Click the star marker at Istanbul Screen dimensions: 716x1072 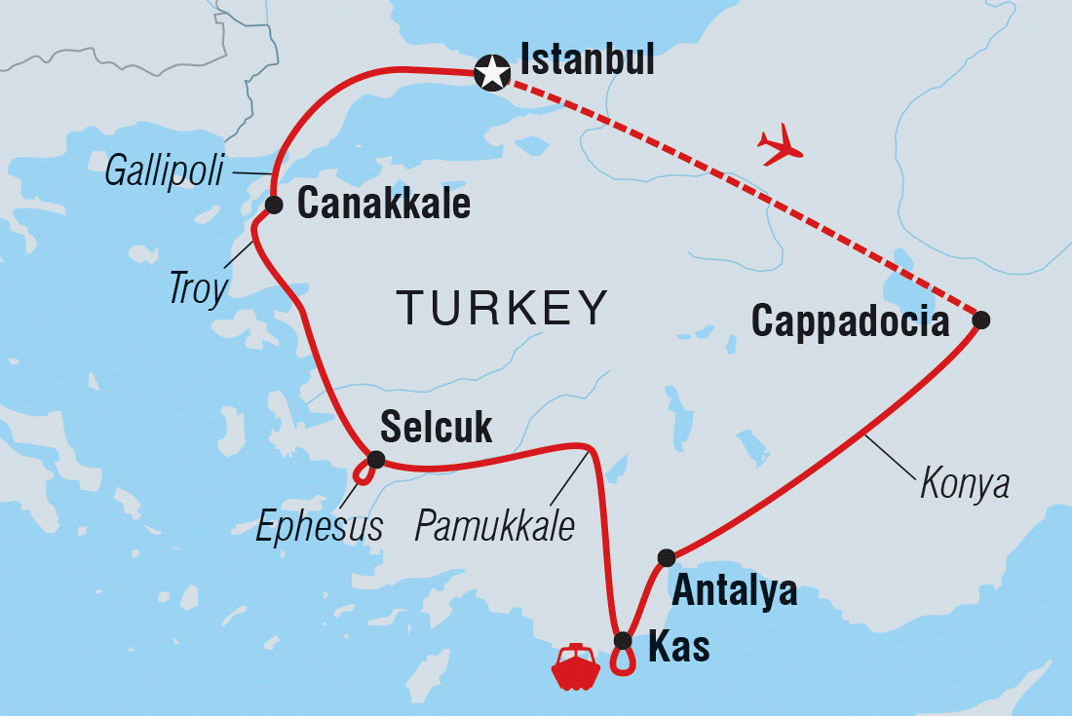tap(492, 73)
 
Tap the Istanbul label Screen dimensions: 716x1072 tap(588, 60)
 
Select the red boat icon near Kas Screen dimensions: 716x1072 tap(575, 666)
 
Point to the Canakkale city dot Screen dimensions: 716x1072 tap(274, 205)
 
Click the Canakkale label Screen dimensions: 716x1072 tap(383, 205)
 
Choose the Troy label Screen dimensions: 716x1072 tap(199, 288)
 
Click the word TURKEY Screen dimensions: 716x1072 tap(502, 309)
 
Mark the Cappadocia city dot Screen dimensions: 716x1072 tap(981, 320)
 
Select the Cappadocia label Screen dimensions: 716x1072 tap(850, 322)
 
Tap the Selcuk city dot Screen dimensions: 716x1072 tap(375, 459)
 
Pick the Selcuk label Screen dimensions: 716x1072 tap(436, 426)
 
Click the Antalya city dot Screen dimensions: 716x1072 tap(667, 557)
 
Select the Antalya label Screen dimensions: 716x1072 tap(734, 591)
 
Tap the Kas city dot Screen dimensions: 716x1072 tap(624, 640)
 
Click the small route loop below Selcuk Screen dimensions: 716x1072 tap(364, 474)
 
